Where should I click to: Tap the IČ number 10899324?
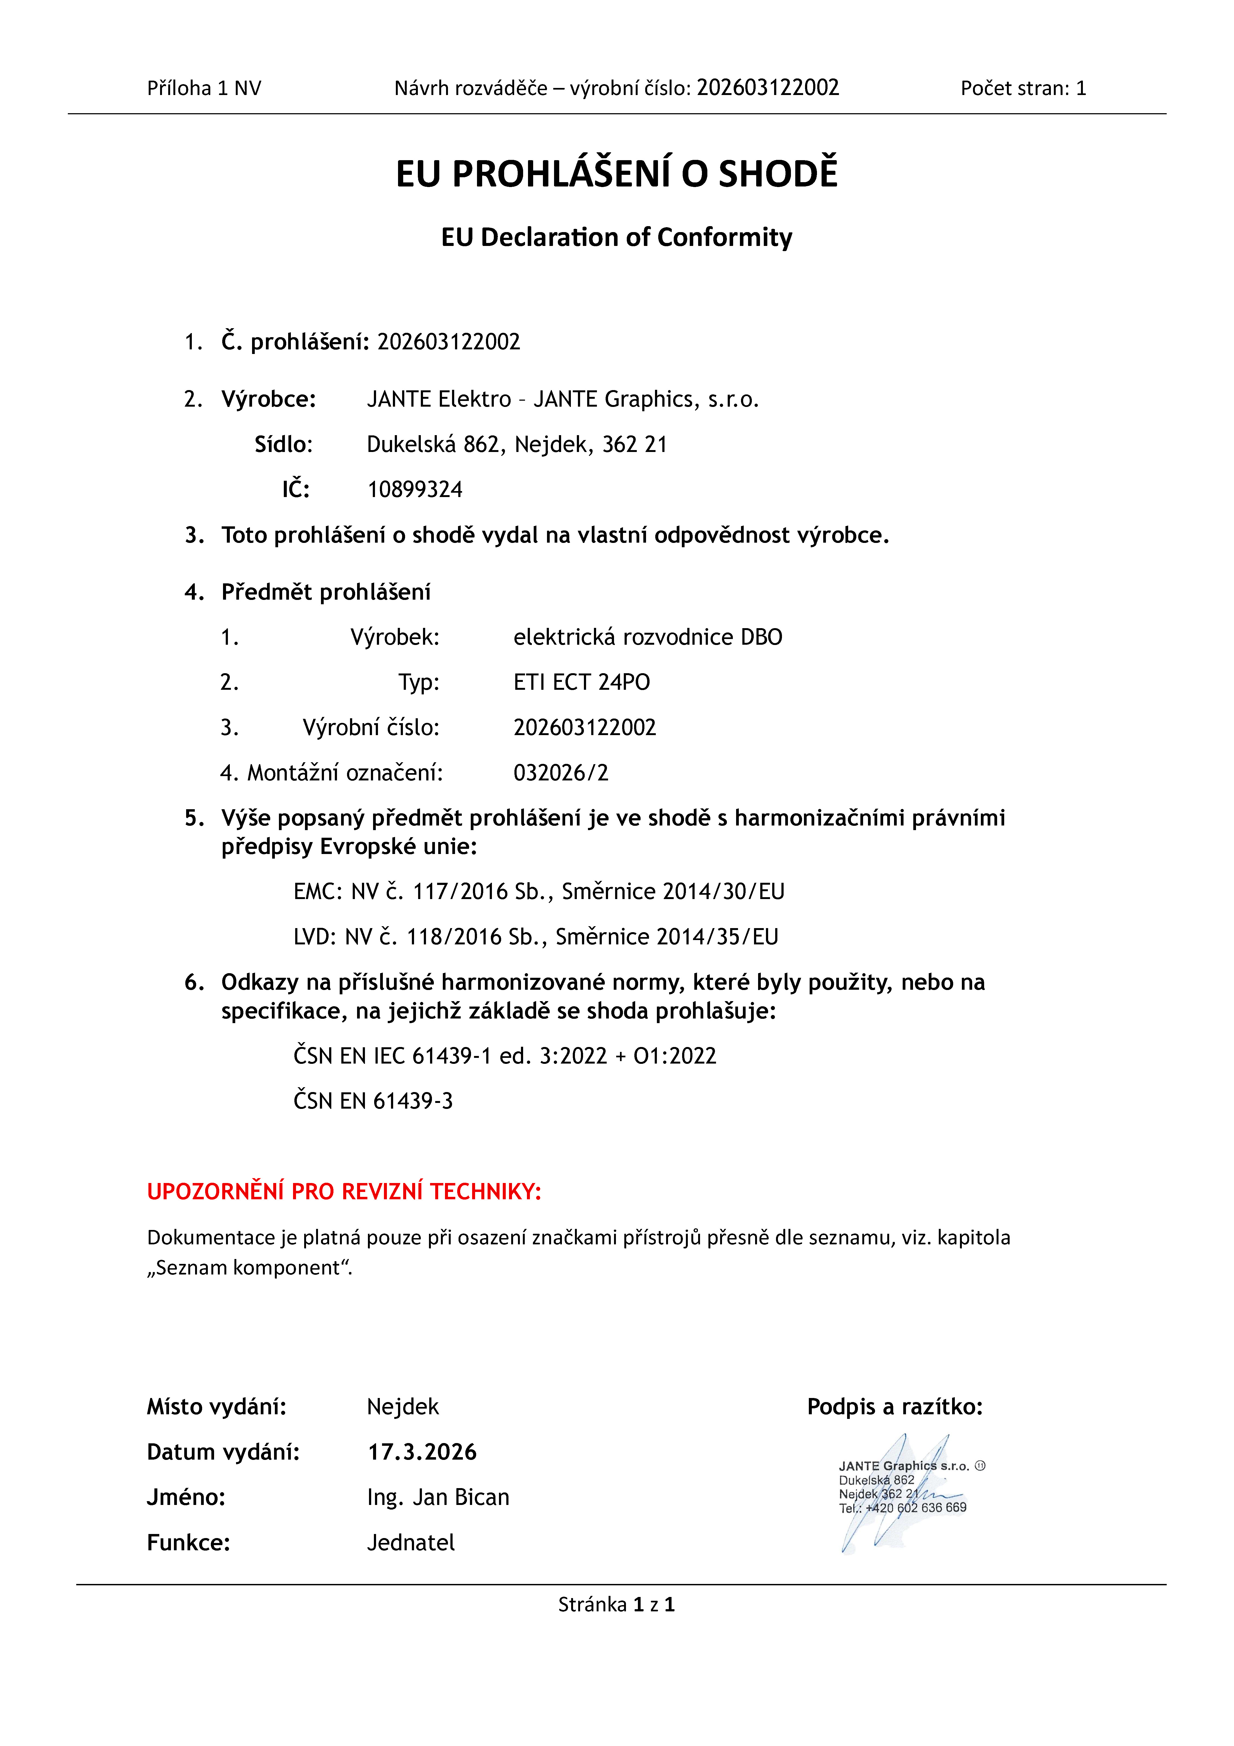coord(414,489)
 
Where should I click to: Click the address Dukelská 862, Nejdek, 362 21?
coord(516,444)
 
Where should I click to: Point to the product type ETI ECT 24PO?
coord(582,682)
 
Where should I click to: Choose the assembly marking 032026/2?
coord(560,773)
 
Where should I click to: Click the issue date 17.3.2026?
coord(422,1452)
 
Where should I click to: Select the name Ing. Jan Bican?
coord(438,1497)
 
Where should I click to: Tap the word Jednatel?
coord(411,1542)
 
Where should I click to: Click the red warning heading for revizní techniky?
coord(344,1192)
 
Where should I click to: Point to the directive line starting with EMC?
coord(538,891)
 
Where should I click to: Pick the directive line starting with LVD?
coord(535,936)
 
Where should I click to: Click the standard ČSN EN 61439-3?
coord(373,1100)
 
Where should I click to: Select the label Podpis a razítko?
coord(894,1407)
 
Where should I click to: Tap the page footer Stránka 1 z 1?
coord(616,1605)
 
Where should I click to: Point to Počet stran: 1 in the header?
coord(1023,88)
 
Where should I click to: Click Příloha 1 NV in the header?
coord(204,88)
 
